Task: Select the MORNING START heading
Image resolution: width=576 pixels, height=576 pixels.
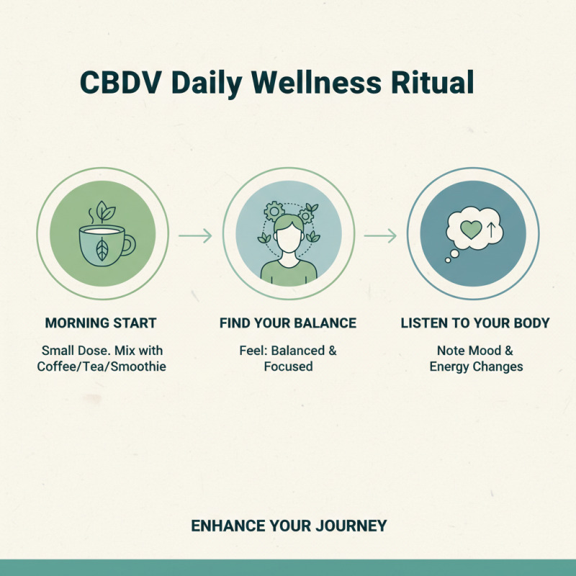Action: point(101,323)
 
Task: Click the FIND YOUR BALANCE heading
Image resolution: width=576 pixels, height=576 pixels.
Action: point(288,323)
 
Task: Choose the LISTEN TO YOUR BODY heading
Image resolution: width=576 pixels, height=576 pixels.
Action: point(475,323)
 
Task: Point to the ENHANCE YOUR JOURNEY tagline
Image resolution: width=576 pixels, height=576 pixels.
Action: point(289,526)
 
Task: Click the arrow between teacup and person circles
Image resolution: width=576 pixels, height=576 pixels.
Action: point(195,235)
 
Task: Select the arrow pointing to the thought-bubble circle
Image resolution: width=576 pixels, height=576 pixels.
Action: point(380,235)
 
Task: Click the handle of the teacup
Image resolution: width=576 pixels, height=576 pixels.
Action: point(128,246)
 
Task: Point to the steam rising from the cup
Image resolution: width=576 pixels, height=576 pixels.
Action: point(91,215)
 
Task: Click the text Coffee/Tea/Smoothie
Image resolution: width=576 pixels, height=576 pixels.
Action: point(101,366)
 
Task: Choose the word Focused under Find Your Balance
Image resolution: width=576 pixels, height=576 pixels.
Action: point(288,366)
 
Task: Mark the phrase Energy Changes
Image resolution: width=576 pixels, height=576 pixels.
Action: point(476,366)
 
